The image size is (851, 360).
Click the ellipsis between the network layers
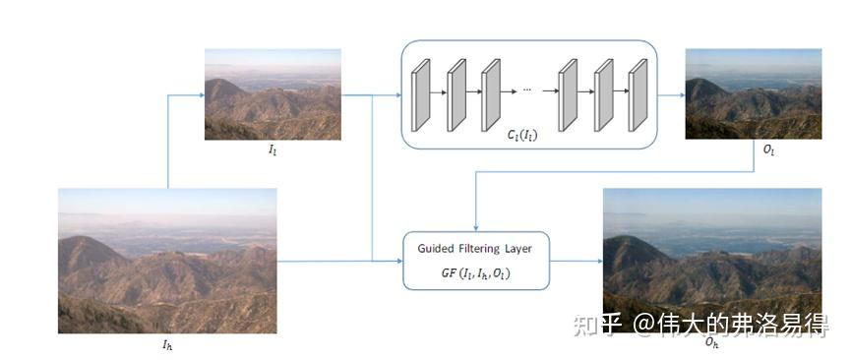(x=526, y=90)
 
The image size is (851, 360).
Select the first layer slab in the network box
(x=420, y=95)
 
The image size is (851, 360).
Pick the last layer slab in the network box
(x=638, y=95)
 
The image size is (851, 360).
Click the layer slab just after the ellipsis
(x=567, y=95)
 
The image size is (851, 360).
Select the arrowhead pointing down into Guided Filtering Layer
(x=476, y=225)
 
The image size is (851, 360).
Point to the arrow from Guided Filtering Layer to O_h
(x=576, y=262)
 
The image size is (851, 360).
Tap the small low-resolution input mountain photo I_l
(x=273, y=94)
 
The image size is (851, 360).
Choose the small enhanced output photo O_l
(x=754, y=94)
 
